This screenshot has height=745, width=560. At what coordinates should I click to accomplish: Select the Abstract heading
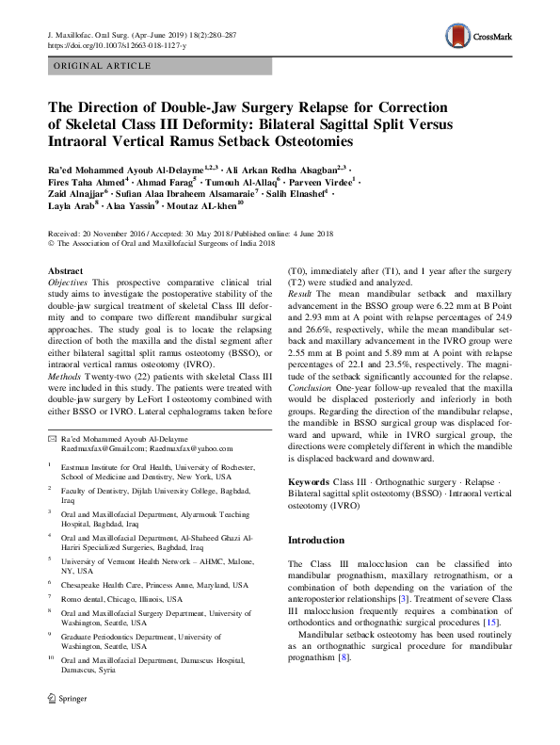click(x=65, y=269)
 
